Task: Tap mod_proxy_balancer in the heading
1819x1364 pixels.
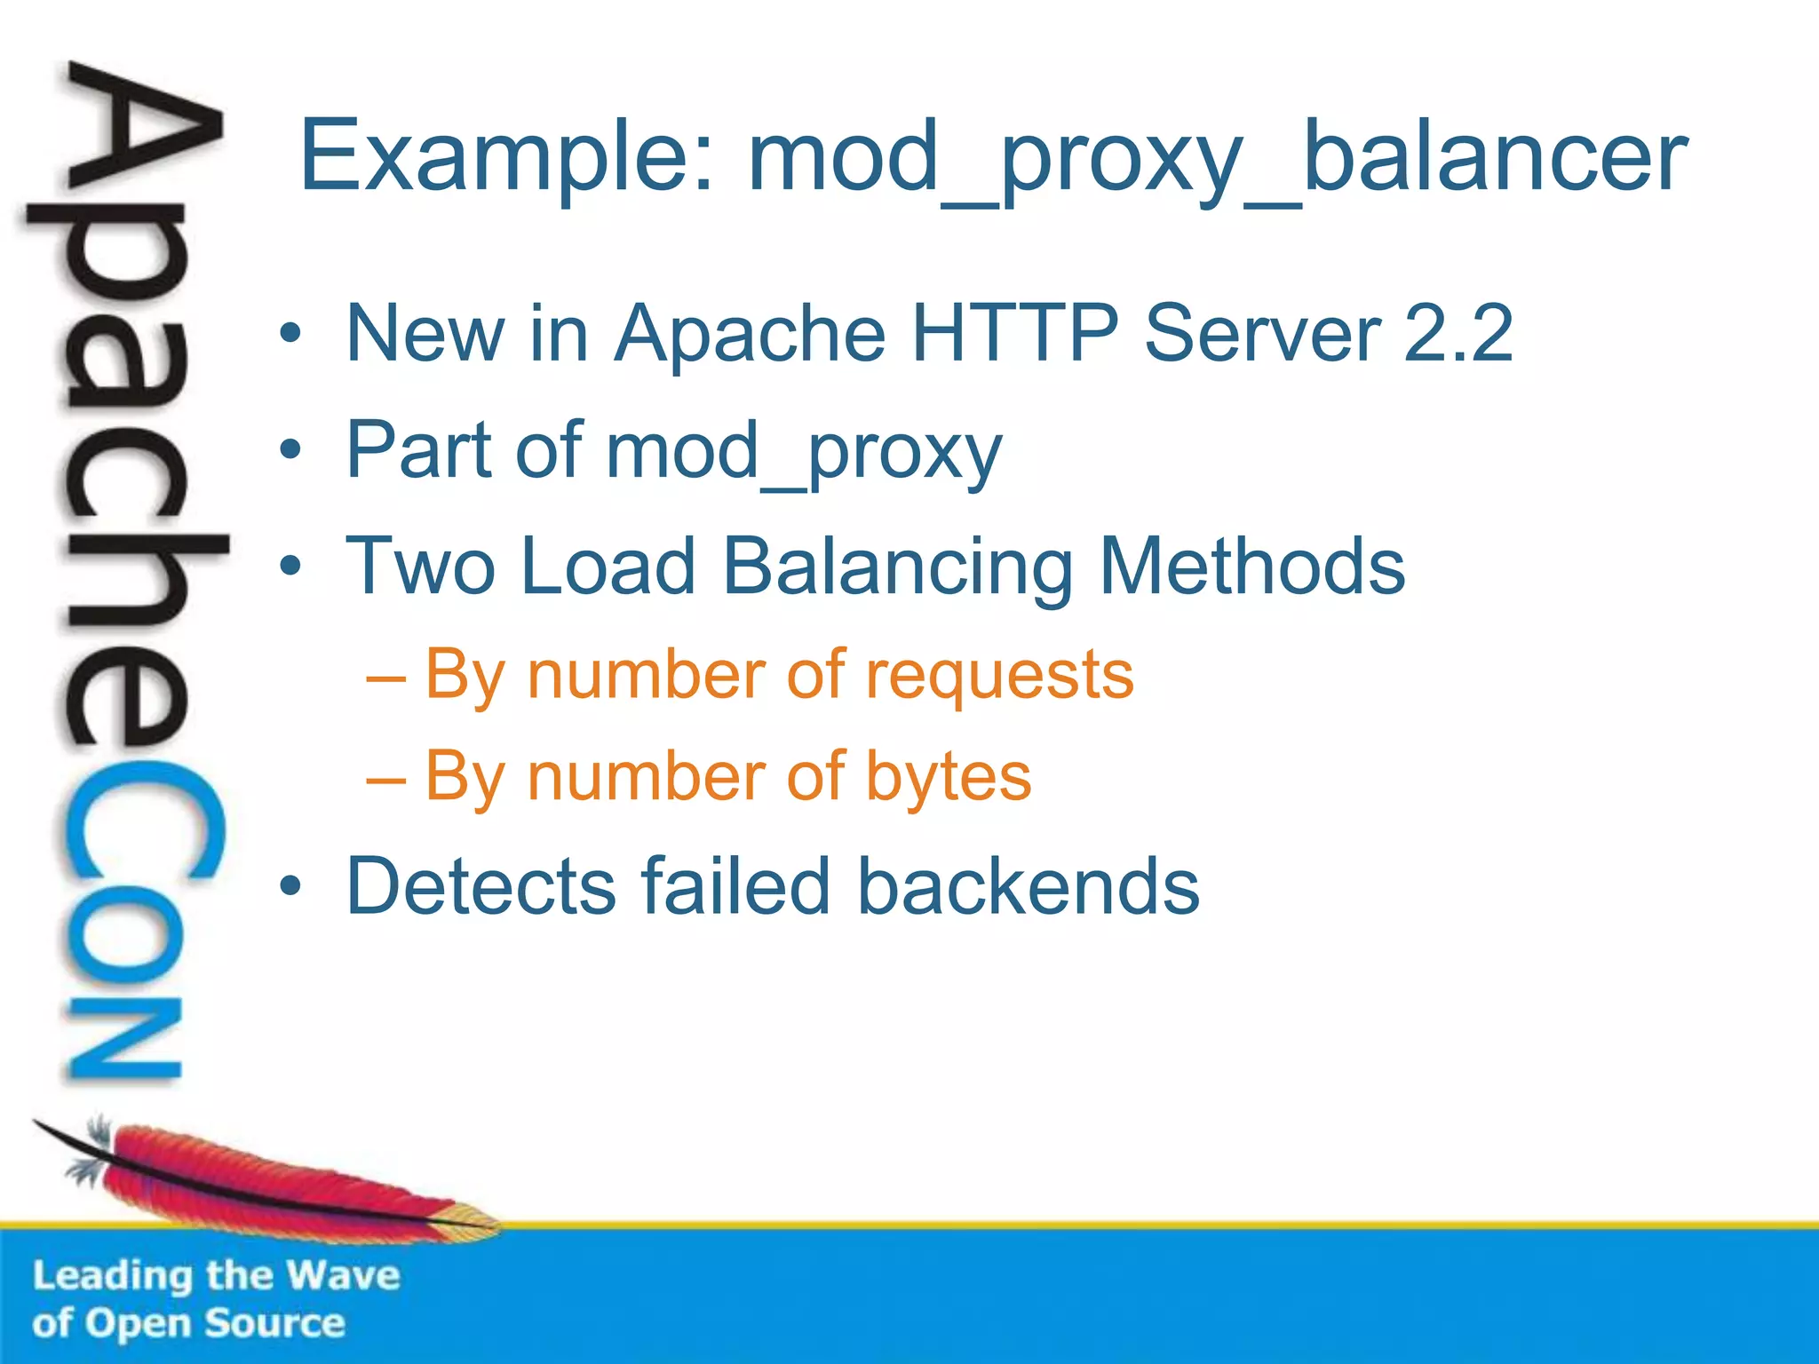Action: point(1217,158)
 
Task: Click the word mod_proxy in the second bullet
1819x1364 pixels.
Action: point(804,451)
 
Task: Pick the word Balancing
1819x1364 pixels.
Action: point(897,568)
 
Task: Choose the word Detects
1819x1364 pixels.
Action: point(480,885)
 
